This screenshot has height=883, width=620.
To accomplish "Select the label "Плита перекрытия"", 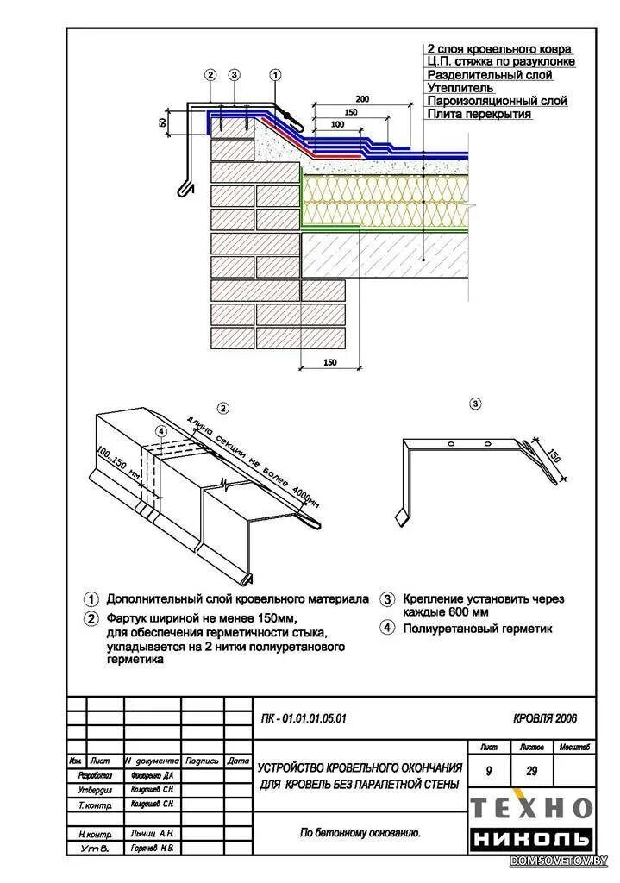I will [479, 114].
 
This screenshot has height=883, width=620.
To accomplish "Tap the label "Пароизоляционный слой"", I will [497, 101].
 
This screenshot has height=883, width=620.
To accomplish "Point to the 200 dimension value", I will [361, 100].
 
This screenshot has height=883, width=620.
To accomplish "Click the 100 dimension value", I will [336, 125].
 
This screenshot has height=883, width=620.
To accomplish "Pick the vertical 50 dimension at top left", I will [162, 122].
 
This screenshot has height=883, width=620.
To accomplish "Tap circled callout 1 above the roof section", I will [275, 75].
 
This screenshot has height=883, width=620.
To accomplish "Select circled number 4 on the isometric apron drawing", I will [160, 430].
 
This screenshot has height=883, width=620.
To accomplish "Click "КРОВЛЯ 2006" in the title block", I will [545, 717].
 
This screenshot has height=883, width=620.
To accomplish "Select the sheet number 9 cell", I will [489, 772].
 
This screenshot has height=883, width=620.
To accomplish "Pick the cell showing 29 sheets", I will [532, 772].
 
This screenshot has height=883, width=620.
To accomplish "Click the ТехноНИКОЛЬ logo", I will [531, 822].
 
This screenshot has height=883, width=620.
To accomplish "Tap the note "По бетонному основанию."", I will [360, 832].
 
